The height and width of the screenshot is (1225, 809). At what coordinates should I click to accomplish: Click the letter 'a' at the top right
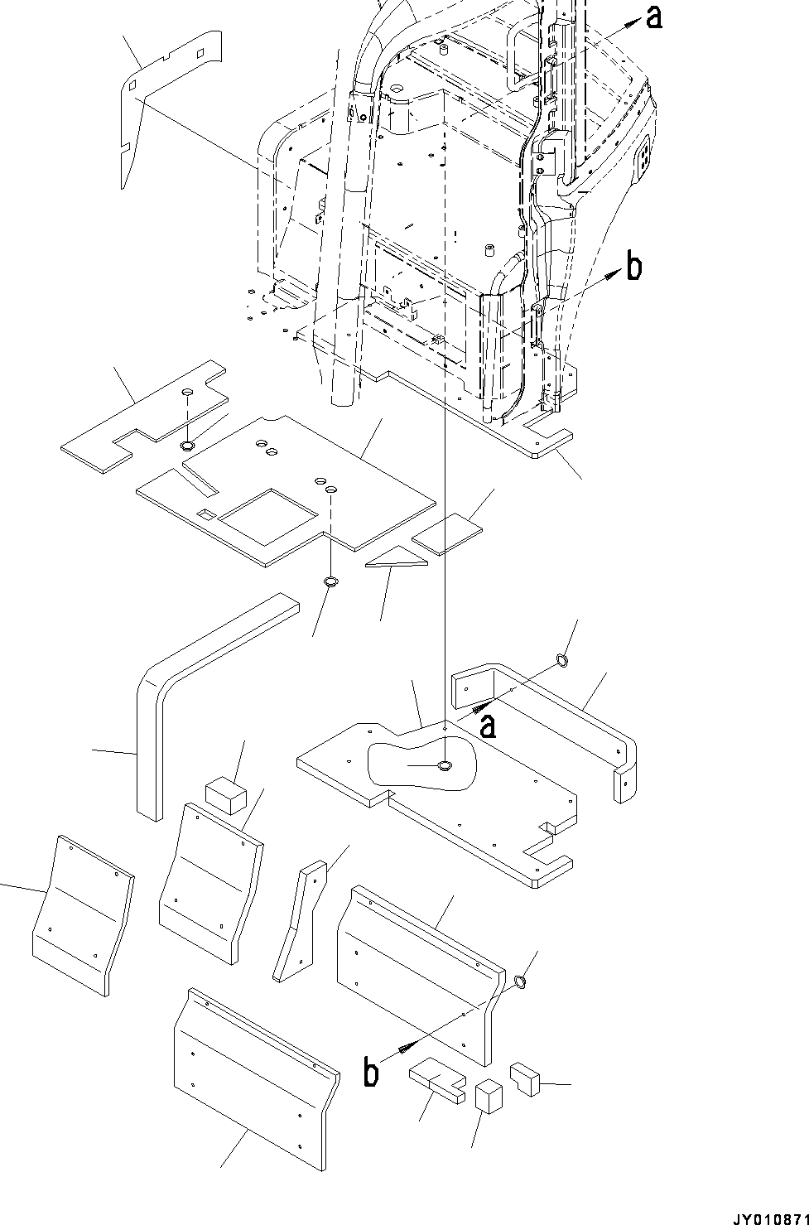653,17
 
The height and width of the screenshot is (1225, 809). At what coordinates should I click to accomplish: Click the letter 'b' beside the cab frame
633,267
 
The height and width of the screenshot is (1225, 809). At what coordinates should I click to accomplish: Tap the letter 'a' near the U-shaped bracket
489,726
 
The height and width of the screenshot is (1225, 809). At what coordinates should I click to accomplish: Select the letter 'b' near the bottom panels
372,1073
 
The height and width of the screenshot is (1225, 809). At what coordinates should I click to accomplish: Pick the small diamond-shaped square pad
448,533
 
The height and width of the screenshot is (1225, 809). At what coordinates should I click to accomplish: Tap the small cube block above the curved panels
225,796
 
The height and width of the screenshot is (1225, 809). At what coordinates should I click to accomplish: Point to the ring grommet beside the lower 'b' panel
521,982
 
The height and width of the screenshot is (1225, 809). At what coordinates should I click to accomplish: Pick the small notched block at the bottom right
525,1079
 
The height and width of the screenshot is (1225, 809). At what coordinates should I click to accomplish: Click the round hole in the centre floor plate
445,765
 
